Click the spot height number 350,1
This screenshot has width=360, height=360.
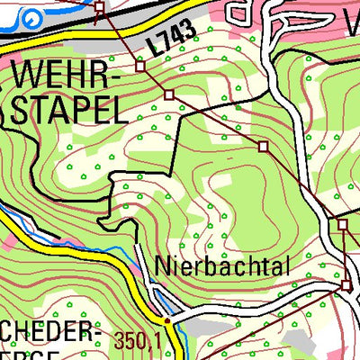pos(137,340)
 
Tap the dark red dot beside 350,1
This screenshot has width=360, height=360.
pos(167,319)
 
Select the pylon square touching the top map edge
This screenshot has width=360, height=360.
pos(99,8)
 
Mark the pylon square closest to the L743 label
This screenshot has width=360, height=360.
pos(140,66)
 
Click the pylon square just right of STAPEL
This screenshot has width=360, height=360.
pos(168,94)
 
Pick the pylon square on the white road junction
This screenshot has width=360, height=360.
pos(347,285)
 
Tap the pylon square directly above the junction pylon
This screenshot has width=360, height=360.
pos(342,223)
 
